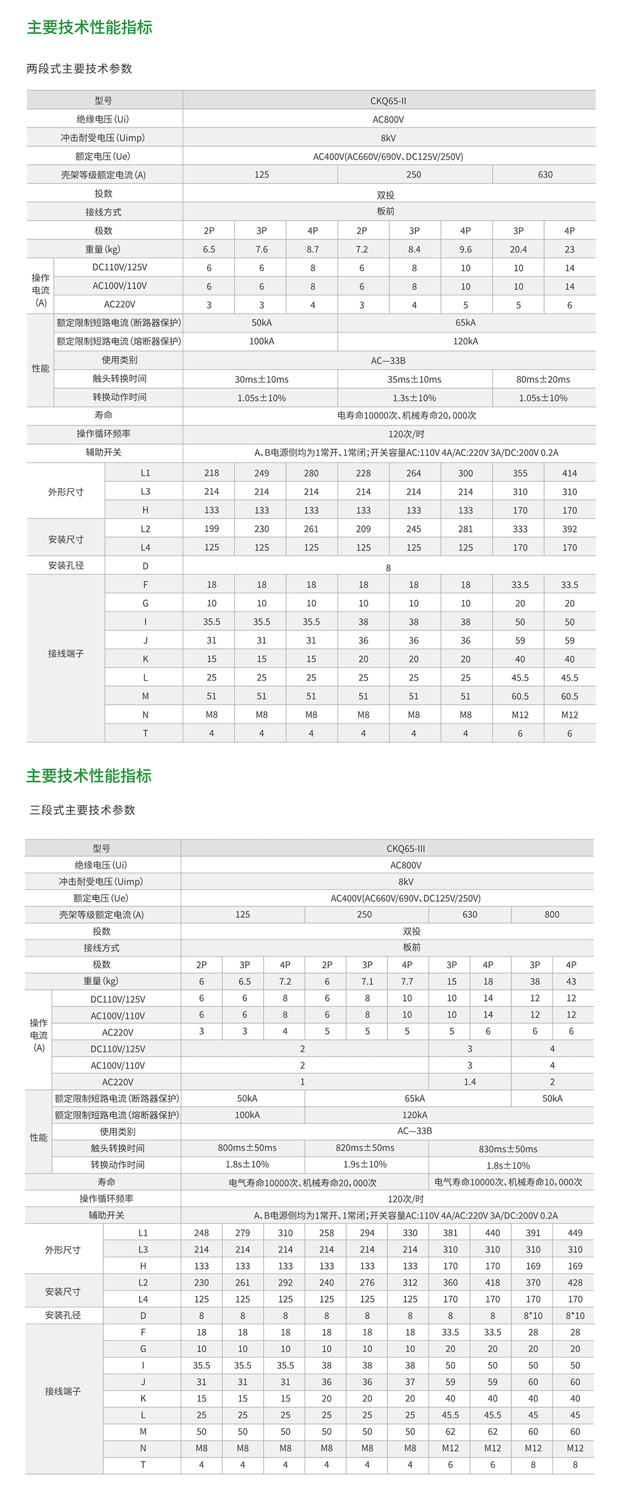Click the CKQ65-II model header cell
pyautogui.click(x=388, y=101)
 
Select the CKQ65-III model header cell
pyautogui.click(x=405, y=849)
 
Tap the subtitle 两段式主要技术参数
pyautogui.click(x=79, y=69)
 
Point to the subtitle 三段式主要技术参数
pyautogui.click(x=82, y=810)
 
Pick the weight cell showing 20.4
pyautogui.click(x=518, y=250)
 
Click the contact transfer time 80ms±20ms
pyautogui.click(x=543, y=380)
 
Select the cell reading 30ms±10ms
pyautogui.click(x=261, y=380)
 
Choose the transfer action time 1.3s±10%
pyautogui.click(x=414, y=398)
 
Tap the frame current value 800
pyautogui.click(x=552, y=915)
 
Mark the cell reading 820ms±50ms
pyautogui.click(x=365, y=1148)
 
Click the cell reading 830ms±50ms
pyautogui.click(x=508, y=1149)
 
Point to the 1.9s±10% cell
pyautogui.click(x=365, y=1165)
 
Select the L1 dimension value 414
pyautogui.click(x=569, y=473)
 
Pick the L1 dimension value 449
pyautogui.click(x=575, y=1233)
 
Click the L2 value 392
pyautogui.click(x=569, y=529)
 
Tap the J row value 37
pyautogui.click(x=410, y=1382)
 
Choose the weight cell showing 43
pyautogui.click(x=571, y=982)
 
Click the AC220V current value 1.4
pyautogui.click(x=470, y=1082)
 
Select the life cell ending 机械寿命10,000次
pyautogui.click(x=508, y=1182)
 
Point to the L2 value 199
pyautogui.click(x=212, y=529)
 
